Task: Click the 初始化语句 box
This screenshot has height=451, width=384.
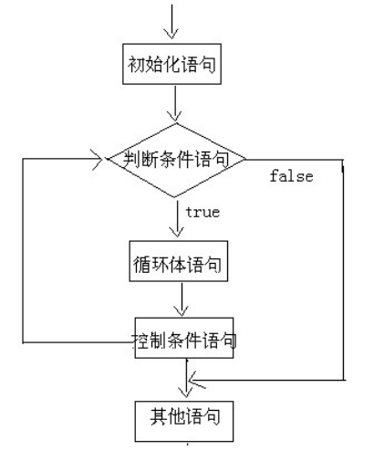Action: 171,65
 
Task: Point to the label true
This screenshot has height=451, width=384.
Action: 202,212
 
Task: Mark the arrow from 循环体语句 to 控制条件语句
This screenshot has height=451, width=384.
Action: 183,300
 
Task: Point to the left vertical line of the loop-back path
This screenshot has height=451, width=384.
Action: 22,251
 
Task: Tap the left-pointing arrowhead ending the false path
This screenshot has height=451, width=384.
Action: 193,378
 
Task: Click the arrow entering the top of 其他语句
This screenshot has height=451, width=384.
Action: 187,383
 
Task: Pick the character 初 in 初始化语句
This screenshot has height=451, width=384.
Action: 134,65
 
